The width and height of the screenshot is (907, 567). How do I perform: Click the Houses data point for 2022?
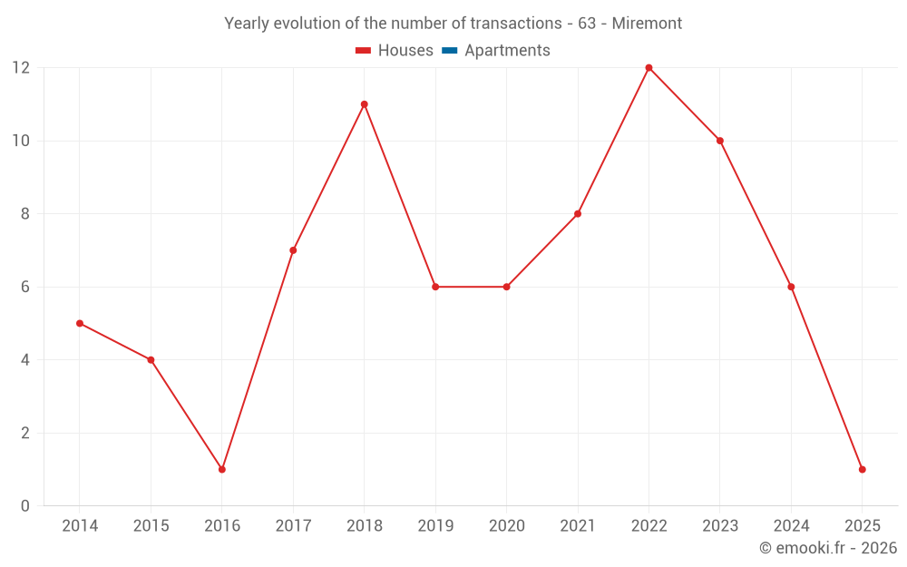[x=649, y=68]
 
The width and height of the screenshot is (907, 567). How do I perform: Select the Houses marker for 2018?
[x=364, y=104]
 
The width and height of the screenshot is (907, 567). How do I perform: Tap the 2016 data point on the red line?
[x=221, y=469]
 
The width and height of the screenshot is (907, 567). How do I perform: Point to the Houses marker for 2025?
[x=862, y=469]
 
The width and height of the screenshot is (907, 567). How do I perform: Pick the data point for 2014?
[x=80, y=323]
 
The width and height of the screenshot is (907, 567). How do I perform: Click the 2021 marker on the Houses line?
[x=578, y=214]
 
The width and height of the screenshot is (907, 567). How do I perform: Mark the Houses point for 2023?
[x=720, y=141]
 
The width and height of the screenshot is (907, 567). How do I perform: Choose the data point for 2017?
[x=293, y=250]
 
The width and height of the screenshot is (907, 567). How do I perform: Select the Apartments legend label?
[x=507, y=51]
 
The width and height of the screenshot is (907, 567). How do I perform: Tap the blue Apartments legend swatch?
[x=449, y=51]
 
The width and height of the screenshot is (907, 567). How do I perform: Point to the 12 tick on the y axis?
[x=21, y=68]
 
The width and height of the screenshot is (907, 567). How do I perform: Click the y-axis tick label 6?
[x=25, y=287]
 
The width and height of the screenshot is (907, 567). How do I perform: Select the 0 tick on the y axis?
[x=25, y=505]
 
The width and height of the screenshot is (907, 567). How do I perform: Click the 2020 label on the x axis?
[x=506, y=526]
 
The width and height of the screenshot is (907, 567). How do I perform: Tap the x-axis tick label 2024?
[x=791, y=526]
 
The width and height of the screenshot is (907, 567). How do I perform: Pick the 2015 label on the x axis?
[x=151, y=526]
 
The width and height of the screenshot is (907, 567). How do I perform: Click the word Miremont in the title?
[x=647, y=24]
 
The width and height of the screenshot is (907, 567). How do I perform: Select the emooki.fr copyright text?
[x=828, y=548]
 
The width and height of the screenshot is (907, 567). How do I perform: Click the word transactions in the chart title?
[x=519, y=24]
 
